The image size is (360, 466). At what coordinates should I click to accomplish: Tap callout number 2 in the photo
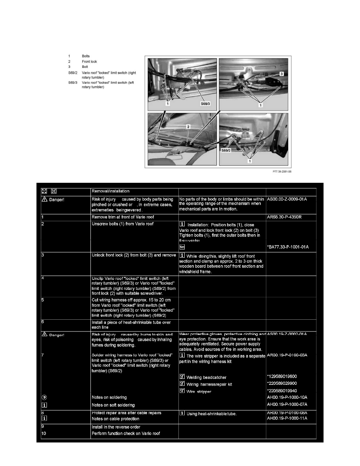[188, 127]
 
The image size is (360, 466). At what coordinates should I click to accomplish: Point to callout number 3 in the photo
[281, 74]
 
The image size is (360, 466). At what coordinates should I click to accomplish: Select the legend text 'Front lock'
[89, 62]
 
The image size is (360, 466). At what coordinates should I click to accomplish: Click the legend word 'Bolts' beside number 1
[86, 56]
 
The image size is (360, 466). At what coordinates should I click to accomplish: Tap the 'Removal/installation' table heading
[110, 191]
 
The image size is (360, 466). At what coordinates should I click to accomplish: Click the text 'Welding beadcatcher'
[206, 377]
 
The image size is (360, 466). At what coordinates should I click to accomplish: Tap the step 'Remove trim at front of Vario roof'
[125, 216]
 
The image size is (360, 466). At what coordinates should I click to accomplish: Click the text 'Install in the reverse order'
[116, 426]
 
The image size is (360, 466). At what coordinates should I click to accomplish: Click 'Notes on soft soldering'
[113, 404]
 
